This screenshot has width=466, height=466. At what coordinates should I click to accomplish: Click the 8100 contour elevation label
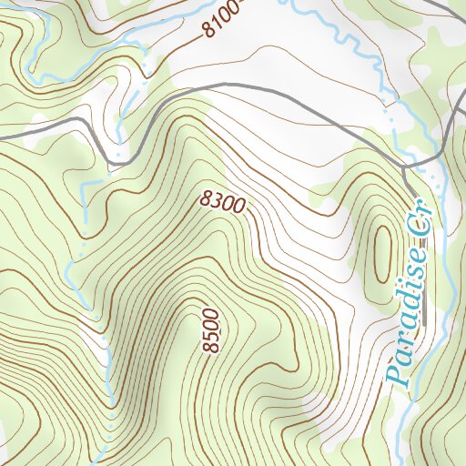coord(223,20)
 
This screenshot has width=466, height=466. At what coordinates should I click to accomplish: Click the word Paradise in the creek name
coord(408,324)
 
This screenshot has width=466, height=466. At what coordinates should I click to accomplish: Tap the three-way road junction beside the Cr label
coord(404,167)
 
